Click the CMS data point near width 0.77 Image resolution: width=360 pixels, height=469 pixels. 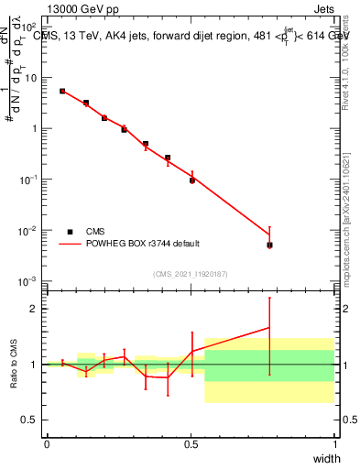pyautogui.click(x=269, y=245)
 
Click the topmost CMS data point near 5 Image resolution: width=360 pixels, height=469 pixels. pyautogui.click(x=62, y=92)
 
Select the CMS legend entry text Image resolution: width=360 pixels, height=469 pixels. pyautogui.click(x=95, y=232)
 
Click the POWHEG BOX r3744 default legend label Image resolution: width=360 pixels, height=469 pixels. pyautogui.click(x=143, y=244)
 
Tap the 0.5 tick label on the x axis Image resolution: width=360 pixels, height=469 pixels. pyautogui.click(x=191, y=444)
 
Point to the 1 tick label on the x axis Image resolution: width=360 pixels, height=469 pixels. pyautogui.click(x=334, y=444)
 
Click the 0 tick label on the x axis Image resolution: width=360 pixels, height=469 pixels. pyautogui.click(x=47, y=444)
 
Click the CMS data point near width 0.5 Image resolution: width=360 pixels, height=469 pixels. pyautogui.click(x=192, y=180)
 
